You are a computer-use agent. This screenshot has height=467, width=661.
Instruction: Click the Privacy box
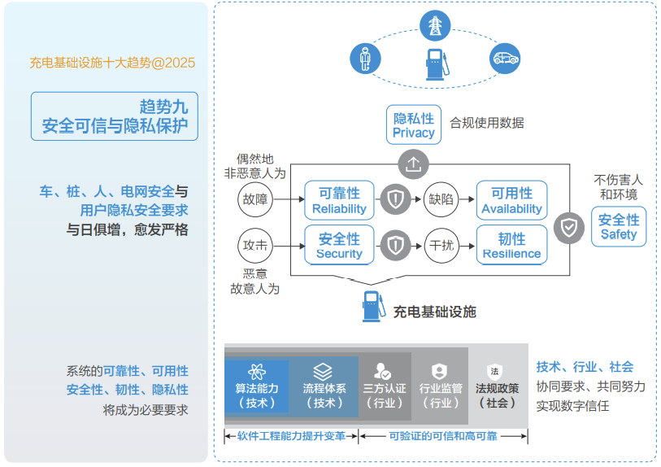point(414,124)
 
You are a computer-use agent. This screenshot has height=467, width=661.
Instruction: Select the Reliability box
point(339,200)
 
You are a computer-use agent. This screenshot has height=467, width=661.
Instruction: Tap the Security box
point(339,245)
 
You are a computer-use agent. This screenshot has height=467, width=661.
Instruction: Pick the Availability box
point(511,200)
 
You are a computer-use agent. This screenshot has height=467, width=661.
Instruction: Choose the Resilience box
point(511,245)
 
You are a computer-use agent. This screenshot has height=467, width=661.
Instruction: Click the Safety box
point(619,226)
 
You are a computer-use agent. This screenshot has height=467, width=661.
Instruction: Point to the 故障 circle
point(255,199)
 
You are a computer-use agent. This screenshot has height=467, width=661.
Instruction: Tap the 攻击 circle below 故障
point(255,246)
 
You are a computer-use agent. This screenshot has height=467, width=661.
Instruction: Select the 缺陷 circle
point(441,199)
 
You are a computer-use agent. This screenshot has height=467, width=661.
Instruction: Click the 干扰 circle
point(441,246)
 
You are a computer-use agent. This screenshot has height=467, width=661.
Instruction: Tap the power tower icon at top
point(435,26)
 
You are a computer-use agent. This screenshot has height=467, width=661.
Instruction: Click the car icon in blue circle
point(505,59)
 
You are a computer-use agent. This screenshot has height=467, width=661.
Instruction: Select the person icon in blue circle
point(366,59)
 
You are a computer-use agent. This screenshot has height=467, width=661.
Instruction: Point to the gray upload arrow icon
point(414,164)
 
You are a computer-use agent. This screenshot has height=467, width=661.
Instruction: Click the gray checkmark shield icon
point(569,229)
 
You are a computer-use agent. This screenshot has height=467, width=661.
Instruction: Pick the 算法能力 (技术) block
point(256,386)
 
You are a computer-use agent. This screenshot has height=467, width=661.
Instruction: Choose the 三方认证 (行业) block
point(385,386)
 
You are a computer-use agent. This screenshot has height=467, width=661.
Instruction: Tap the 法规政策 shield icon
point(494,372)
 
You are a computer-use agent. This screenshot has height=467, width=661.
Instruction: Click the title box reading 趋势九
point(115,116)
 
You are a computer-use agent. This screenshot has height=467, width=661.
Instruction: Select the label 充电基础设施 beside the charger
point(434,312)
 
